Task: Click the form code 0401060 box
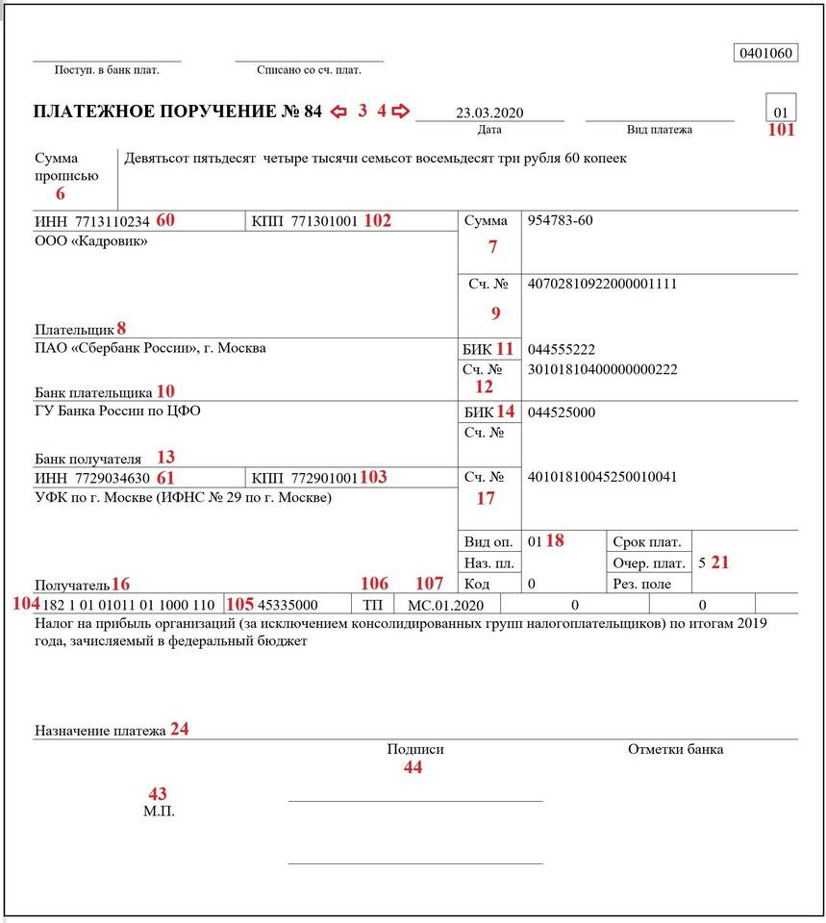pyautogui.click(x=765, y=53)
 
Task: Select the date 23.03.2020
pyautogui.click(x=489, y=112)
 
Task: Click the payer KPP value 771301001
pyautogui.click(x=325, y=221)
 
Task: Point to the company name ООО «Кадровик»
pyautogui.click(x=91, y=241)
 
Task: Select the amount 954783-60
pyautogui.click(x=560, y=221)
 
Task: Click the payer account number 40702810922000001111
pyautogui.click(x=603, y=284)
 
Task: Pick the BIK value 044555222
pyautogui.click(x=561, y=350)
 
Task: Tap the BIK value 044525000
pyautogui.click(x=561, y=412)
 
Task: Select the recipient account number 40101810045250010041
pyautogui.click(x=603, y=476)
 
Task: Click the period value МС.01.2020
pyautogui.click(x=440, y=605)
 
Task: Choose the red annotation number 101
pyautogui.click(x=781, y=131)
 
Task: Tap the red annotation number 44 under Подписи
pyautogui.click(x=413, y=767)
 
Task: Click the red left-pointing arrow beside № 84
pyautogui.click(x=338, y=112)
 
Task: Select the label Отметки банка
pyautogui.click(x=675, y=749)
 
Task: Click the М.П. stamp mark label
pyautogui.click(x=158, y=811)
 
